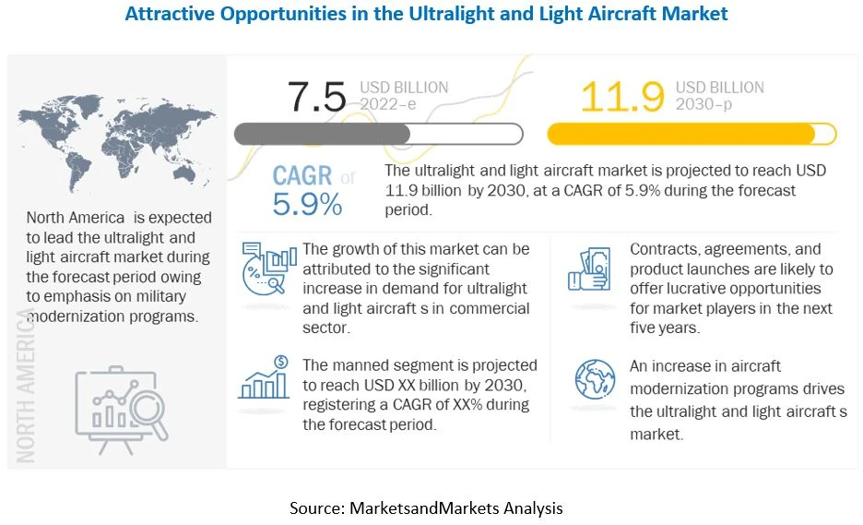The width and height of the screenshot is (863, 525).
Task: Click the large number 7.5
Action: (x=316, y=96)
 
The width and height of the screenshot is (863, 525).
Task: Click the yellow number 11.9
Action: (x=622, y=96)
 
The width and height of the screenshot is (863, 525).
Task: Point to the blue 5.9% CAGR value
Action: (x=306, y=205)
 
